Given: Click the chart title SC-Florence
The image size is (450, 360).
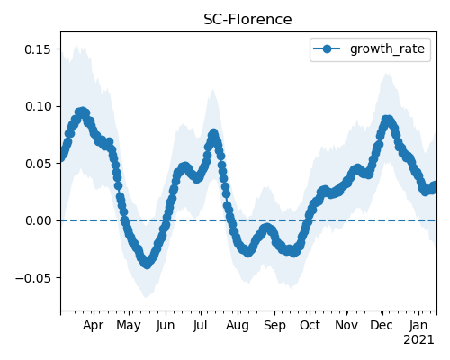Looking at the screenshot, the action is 247,20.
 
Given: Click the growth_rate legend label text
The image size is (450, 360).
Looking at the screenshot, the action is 387,49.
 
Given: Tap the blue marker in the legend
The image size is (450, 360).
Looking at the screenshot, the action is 327,49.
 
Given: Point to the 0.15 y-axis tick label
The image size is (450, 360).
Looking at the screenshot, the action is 38,49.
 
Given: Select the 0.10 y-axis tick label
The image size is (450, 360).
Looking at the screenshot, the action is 38,106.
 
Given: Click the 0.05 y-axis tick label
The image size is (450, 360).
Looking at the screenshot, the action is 38,164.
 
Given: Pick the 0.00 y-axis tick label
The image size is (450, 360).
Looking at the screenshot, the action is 38,220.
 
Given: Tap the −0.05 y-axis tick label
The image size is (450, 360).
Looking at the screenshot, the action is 33,278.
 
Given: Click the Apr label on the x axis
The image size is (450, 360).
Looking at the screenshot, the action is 94,326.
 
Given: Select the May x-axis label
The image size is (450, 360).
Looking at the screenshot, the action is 129,326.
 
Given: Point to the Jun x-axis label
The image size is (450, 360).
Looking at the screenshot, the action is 166,326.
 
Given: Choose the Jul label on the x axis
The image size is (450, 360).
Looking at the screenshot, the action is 200,326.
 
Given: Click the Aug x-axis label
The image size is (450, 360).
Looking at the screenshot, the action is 238,326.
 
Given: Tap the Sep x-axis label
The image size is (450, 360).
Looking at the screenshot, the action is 274,326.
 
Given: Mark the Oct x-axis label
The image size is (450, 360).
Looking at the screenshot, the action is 310,326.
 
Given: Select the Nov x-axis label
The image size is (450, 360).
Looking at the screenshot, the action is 346,326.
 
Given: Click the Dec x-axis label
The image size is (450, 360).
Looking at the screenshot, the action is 382,326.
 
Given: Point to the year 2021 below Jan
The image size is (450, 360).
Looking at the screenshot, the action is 418,340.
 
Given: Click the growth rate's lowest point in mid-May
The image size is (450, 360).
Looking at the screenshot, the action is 147,264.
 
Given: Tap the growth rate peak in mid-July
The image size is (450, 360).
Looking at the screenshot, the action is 213,133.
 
